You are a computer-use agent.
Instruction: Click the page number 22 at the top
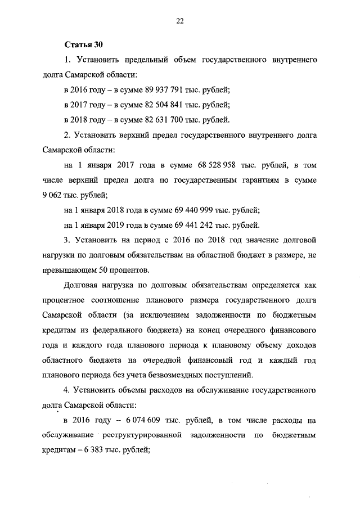(x=179, y=21)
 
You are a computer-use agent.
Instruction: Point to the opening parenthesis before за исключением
(x=116, y=316)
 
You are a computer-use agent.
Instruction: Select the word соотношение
(x=118, y=300)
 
